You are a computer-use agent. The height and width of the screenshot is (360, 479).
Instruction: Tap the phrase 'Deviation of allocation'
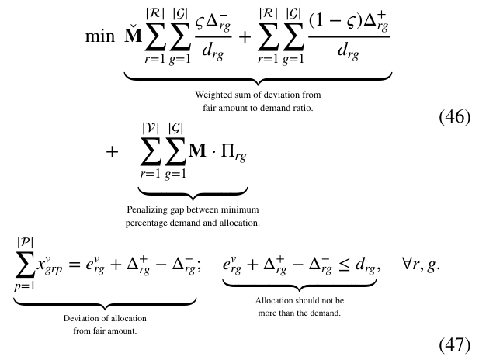(105, 318)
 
